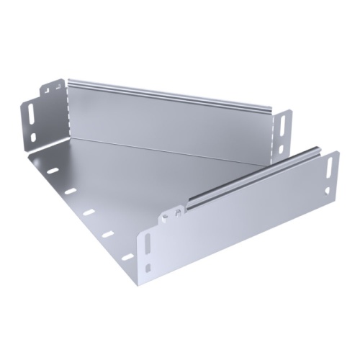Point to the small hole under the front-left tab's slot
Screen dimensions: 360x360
click(x=147, y=268)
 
